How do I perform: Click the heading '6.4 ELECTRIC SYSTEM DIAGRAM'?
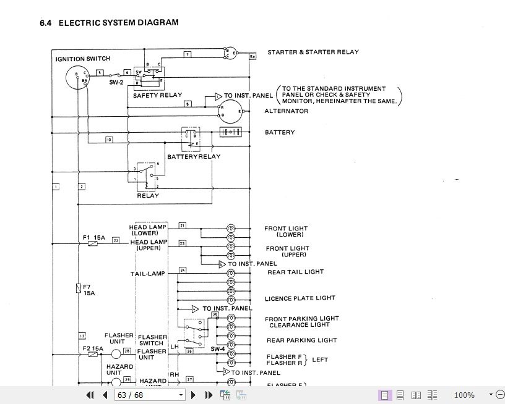click(109, 23)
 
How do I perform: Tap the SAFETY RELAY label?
click(157, 95)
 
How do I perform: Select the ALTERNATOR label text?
click(286, 111)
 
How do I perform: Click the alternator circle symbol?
click(230, 111)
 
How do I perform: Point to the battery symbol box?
click(230, 132)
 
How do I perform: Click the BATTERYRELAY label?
click(193, 157)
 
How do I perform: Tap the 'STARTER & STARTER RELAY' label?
click(313, 53)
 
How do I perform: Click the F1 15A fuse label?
click(94, 237)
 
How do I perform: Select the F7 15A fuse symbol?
click(78, 287)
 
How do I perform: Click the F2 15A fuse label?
click(93, 348)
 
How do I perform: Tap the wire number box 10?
click(108, 140)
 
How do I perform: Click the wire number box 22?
click(116, 240)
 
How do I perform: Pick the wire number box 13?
click(82, 336)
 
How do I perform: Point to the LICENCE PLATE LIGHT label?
click(300, 298)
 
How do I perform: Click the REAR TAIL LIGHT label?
click(295, 272)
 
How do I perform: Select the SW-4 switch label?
click(217, 349)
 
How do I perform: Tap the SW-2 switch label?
click(117, 82)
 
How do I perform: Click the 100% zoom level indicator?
click(464, 395)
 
